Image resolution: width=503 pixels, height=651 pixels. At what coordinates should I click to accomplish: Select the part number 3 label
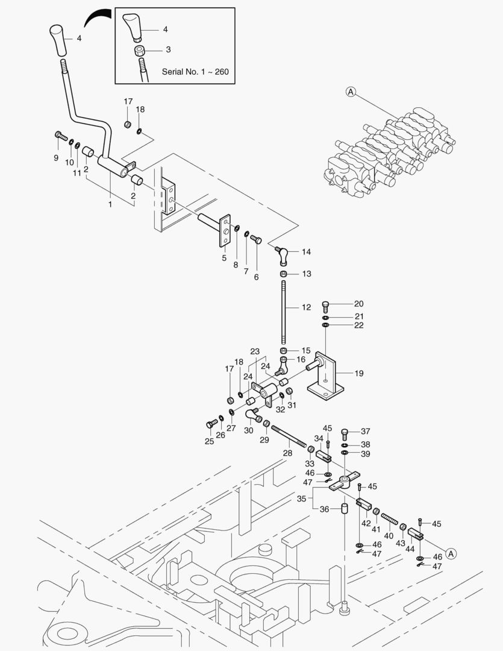tap(168, 50)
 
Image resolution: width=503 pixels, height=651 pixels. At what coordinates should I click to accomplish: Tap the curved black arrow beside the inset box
tap(98, 18)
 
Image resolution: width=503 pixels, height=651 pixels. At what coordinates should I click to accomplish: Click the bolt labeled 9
tap(60, 136)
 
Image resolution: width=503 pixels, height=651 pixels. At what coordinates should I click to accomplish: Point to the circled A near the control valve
tap(351, 92)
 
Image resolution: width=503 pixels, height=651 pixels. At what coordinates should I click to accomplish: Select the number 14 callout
tap(306, 251)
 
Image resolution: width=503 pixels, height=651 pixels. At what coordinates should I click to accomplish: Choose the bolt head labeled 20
tap(326, 304)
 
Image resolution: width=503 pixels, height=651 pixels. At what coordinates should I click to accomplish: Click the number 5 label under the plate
tap(223, 257)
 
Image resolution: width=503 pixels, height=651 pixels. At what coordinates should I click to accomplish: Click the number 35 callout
tap(301, 498)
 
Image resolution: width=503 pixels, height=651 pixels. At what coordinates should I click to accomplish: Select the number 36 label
tap(324, 509)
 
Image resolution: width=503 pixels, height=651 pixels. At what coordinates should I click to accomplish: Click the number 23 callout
tap(255, 351)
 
